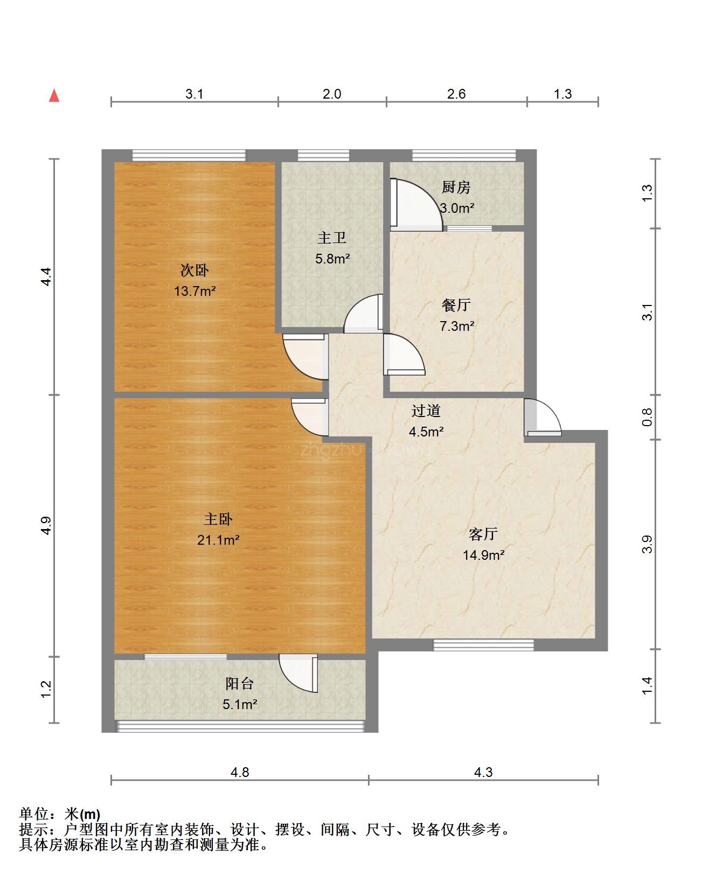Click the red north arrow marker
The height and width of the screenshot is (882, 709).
(x=54, y=95)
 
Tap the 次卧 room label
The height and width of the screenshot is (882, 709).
(x=194, y=270)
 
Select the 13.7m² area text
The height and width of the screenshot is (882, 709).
(x=194, y=291)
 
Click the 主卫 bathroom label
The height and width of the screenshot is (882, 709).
(x=332, y=238)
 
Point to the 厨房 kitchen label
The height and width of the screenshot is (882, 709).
(x=456, y=187)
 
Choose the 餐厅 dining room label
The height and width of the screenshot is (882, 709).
(x=456, y=305)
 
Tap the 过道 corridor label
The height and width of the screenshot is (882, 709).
(x=426, y=411)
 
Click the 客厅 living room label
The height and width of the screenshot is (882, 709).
(x=483, y=534)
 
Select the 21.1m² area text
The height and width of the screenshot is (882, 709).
(x=218, y=540)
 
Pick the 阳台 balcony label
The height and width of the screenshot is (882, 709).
(x=240, y=683)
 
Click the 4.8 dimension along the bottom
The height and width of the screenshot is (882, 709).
(x=240, y=772)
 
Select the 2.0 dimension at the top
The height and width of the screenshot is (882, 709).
(x=331, y=94)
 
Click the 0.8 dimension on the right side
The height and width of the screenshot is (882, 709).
(x=647, y=417)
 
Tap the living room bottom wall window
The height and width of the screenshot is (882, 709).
(x=484, y=645)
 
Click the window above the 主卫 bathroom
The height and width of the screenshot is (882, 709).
(x=323, y=156)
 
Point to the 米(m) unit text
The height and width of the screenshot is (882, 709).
(x=82, y=814)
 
